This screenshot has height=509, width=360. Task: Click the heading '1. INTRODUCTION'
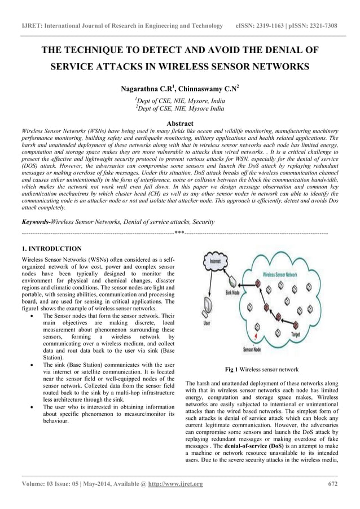pyautogui.click(x=51, y=248)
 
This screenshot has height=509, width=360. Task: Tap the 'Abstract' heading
pyautogui.click(x=180, y=123)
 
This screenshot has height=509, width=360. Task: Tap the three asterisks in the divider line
pyautogui.click(x=179, y=232)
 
